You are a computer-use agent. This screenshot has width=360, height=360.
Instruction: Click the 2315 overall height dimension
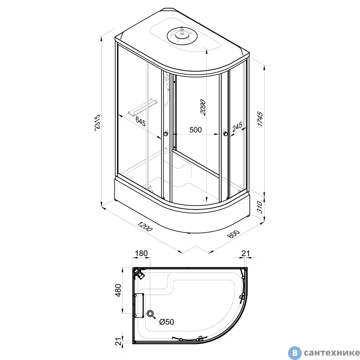[x=97, y=122]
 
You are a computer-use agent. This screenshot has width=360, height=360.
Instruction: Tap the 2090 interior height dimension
[x=203, y=107]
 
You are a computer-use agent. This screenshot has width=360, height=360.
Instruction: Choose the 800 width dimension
[x=233, y=234]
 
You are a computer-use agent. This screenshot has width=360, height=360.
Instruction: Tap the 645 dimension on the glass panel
[x=140, y=121]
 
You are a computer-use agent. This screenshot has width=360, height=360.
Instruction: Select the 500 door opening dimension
[x=195, y=130]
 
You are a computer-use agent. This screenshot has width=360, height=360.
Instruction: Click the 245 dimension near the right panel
[x=237, y=127]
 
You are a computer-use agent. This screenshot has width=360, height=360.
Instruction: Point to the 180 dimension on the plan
[x=141, y=253]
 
